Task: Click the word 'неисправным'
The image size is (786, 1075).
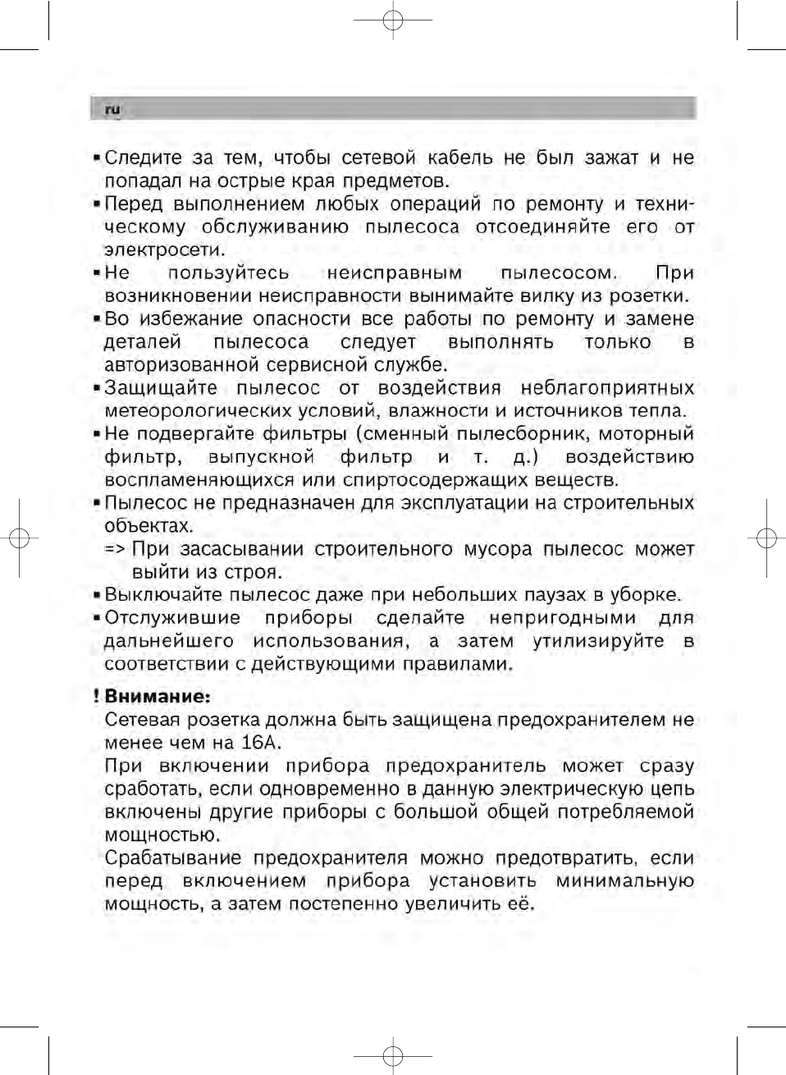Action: click(x=394, y=272)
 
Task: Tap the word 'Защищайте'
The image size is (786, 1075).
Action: click(x=161, y=387)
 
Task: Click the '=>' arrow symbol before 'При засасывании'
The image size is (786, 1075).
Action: click(x=114, y=549)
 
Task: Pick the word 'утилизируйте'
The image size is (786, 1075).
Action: click(x=599, y=640)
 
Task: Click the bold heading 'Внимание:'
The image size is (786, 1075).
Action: click(x=158, y=697)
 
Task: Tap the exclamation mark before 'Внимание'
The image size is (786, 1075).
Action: click(x=96, y=697)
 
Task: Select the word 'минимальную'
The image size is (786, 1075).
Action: click(x=624, y=881)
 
